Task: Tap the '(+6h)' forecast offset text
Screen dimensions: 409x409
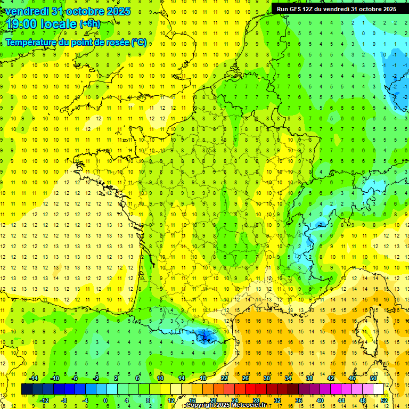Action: click(x=89, y=24)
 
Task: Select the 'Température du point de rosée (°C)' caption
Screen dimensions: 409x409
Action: click(x=76, y=43)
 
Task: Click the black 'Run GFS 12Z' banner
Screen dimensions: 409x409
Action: click(x=336, y=9)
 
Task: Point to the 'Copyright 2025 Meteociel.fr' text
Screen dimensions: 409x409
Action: click(x=226, y=405)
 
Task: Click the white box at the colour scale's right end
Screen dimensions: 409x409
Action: click(x=379, y=389)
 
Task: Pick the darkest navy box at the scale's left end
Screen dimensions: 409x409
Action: click(x=27, y=389)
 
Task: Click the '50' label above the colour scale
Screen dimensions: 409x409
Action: click(x=373, y=378)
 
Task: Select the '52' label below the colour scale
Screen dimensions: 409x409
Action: click(x=384, y=400)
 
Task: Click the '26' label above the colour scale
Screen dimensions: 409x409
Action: click(x=246, y=378)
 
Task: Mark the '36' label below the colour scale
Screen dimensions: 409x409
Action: click(x=299, y=400)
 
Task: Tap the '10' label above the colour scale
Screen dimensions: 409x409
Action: click(x=160, y=378)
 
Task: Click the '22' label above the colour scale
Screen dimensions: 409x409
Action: click(x=224, y=378)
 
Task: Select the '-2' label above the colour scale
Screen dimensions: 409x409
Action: click(x=96, y=378)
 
